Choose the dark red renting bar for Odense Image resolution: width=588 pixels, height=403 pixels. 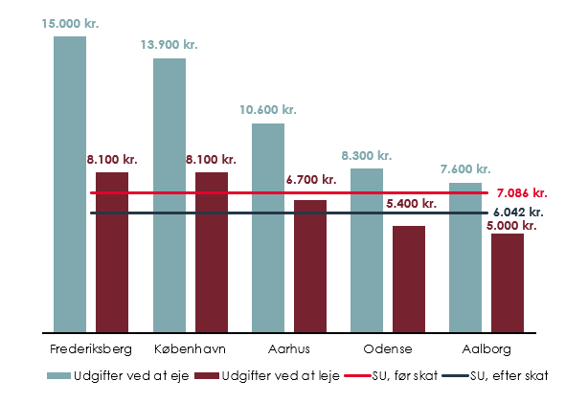pos(409,279)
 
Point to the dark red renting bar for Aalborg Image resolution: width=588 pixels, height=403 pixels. pos(508,282)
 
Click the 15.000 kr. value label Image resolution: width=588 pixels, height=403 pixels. pos(70,22)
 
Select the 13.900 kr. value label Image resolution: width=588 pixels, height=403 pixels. pos(170,44)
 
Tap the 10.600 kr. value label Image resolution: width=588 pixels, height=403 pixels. pos(268,110)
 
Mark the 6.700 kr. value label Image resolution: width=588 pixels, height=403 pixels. pos(311,180)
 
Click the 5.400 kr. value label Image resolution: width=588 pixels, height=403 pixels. pos(411,204)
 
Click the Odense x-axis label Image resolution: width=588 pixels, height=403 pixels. pos(388,347)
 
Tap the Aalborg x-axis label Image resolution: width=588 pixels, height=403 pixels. pos(488,347)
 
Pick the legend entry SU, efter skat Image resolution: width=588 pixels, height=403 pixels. pos(509,376)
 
